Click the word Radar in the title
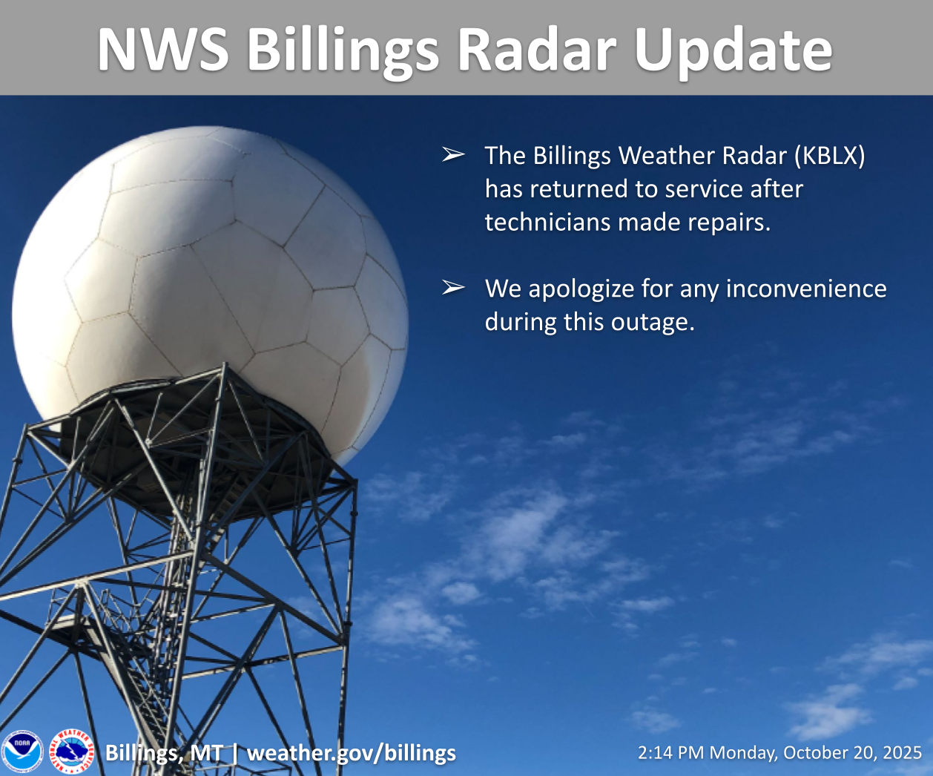click(x=537, y=49)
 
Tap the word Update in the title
click(x=733, y=53)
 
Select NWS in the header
click(x=164, y=49)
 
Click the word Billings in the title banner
click(x=343, y=52)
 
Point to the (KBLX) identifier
click(x=830, y=156)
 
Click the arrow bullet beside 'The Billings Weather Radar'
click(x=453, y=154)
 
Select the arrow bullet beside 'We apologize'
click(x=453, y=287)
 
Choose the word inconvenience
click(x=806, y=289)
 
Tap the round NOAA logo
click(x=22, y=752)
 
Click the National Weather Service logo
click(x=72, y=752)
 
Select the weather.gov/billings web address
click(x=352, y=754)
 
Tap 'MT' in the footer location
click(x=206, y=753)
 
